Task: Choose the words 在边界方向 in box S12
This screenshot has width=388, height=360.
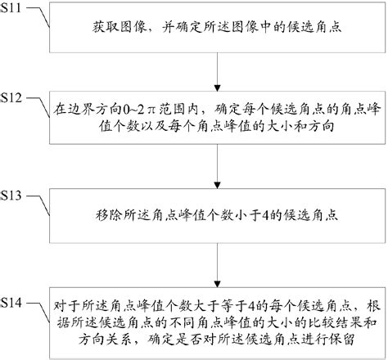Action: click(85, 106)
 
